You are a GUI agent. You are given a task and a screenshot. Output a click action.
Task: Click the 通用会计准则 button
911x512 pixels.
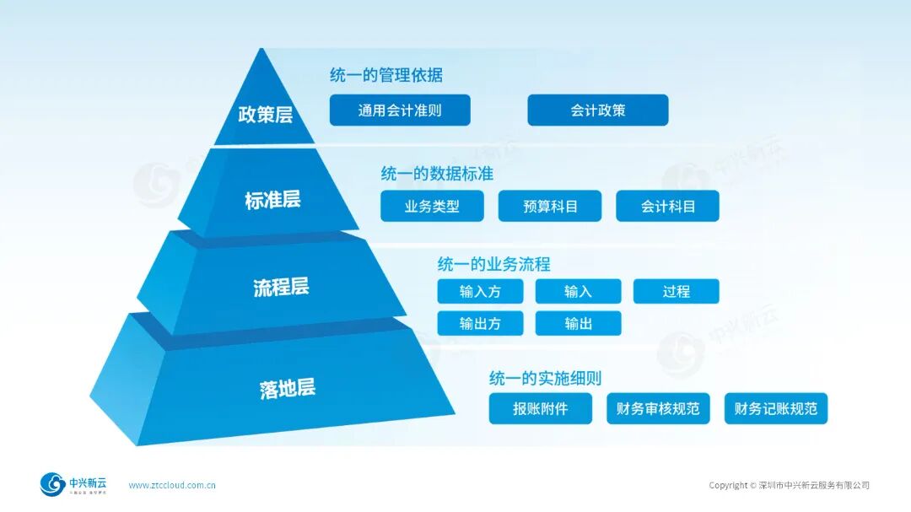[x=399, y=110]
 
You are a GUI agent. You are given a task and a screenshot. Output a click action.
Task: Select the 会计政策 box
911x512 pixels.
[x=597, y=110]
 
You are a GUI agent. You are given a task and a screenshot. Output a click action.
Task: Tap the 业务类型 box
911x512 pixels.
[x=432, y=207]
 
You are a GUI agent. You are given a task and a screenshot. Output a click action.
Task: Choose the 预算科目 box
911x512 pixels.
[x=549, y=207]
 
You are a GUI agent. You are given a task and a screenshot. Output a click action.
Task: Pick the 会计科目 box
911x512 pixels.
[x=667, y=207]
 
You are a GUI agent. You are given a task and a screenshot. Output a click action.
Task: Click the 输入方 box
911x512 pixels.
[x=480, y=292]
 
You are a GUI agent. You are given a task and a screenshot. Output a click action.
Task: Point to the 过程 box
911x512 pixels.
[x=676, y=292]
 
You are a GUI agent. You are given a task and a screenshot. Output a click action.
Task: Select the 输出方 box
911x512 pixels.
[x=480, y=324]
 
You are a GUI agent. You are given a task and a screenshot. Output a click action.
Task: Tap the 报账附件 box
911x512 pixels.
[x=540, y=409]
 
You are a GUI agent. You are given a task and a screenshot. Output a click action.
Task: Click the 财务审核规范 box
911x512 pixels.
[x=658, y=409]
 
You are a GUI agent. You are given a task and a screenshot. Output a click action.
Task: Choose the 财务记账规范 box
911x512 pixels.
[x=775, y=409]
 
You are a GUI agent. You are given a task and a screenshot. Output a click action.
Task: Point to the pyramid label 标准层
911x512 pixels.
[x=272, y=201]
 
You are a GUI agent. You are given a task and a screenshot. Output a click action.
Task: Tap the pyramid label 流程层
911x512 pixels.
[x=281, y=288]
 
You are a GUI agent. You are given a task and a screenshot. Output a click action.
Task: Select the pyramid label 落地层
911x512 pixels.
[x=287, y=389]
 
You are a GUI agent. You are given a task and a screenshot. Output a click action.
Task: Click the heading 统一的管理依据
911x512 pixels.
[x=385, y=75]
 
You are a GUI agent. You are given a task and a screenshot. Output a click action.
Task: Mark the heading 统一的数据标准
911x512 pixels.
[x=437, y=174]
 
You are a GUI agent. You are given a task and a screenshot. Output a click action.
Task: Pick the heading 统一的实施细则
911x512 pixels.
[x=545, y=378]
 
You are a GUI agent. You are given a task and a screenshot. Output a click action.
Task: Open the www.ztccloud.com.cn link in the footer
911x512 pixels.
[x=172, y=485]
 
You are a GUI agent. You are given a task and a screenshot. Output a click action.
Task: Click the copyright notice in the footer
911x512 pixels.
[x=789, y=485]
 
